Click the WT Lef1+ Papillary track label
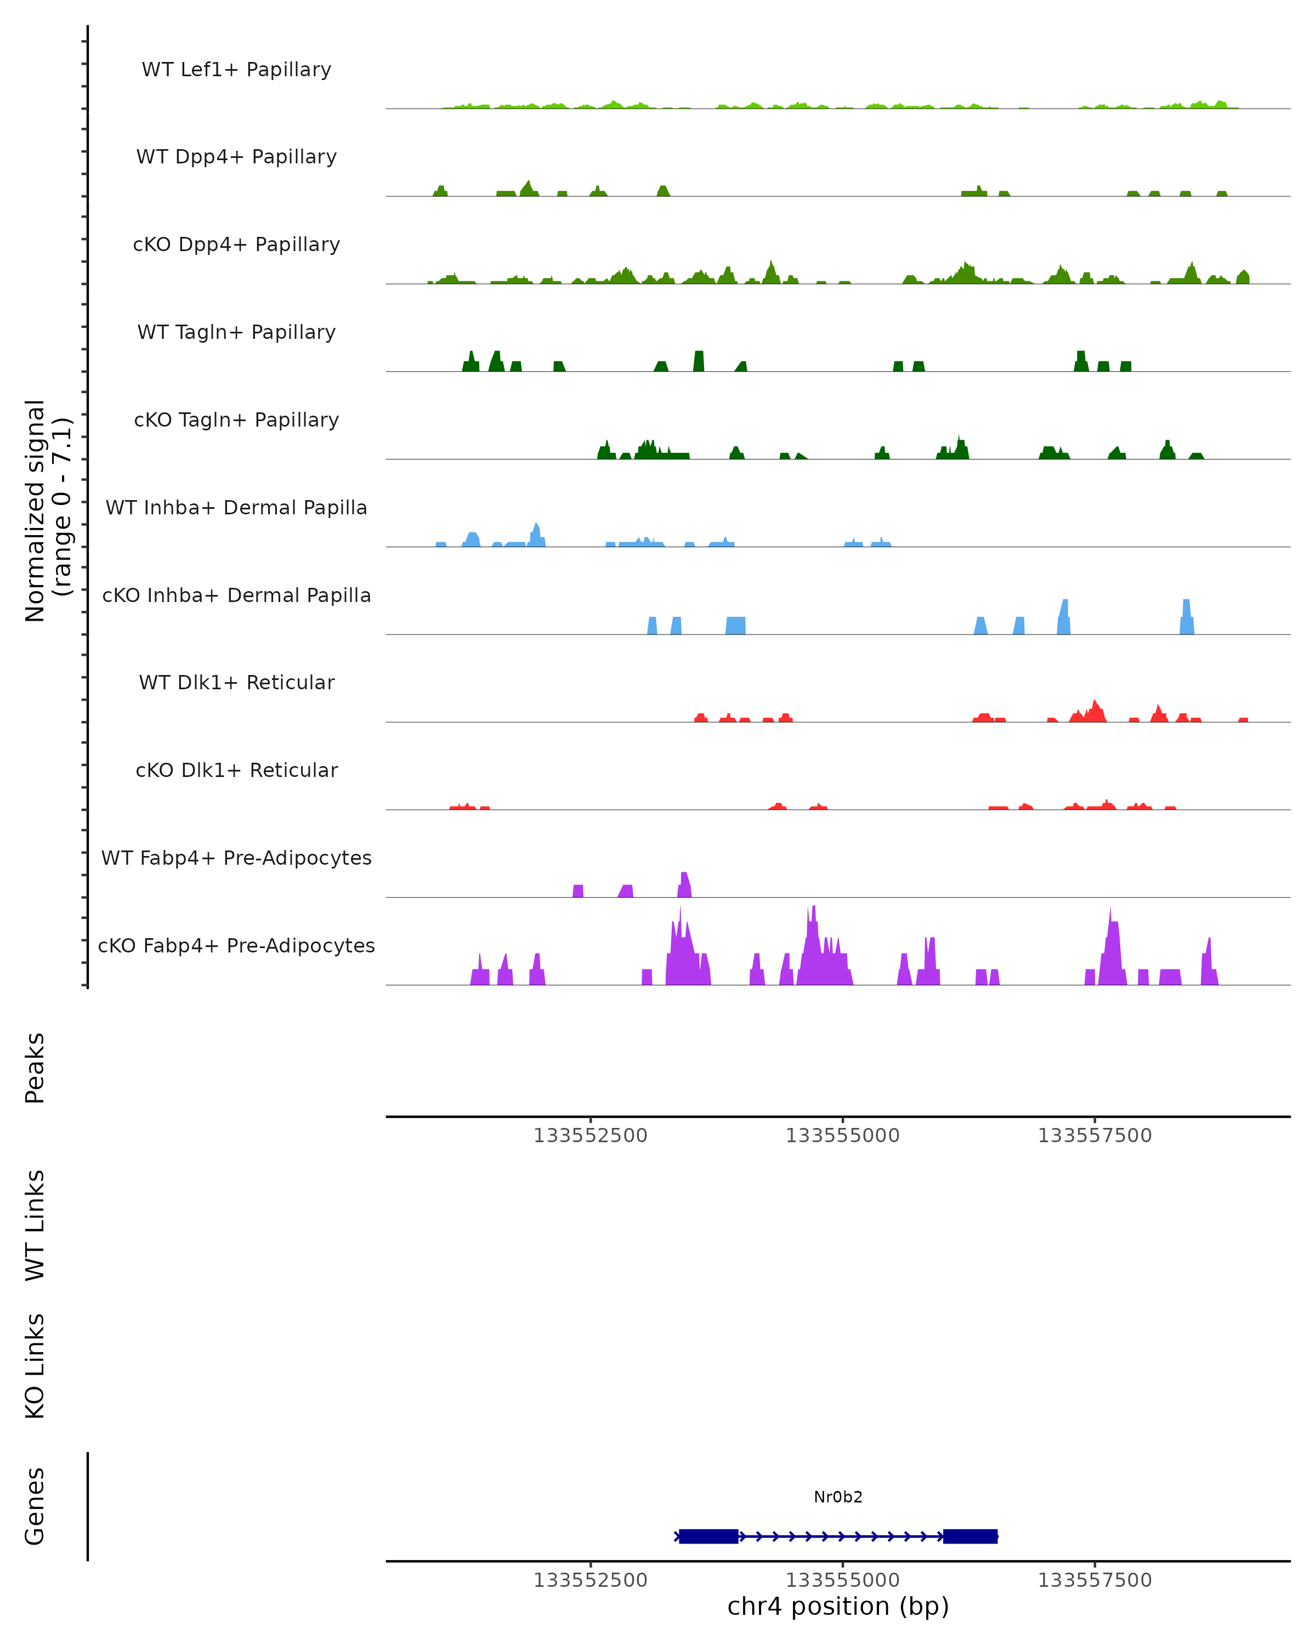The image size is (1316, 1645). (236, 70)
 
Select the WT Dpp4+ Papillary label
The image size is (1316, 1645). (236, 157)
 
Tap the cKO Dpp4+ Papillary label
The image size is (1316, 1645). (236, 245)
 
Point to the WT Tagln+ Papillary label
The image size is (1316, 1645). (236, 333)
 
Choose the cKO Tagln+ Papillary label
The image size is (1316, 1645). (236, 421)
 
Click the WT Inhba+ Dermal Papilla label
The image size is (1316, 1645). (236, 508)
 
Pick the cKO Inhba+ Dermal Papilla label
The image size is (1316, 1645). (236, 596)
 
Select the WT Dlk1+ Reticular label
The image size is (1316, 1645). (236, 683)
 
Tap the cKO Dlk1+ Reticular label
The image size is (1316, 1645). (236, 770)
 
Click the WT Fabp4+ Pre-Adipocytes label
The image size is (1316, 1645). (236, 858)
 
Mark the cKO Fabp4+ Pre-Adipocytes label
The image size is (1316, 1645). (236, 946)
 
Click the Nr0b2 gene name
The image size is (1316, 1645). (838, 1497)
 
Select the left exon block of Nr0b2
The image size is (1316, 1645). (708, 1536)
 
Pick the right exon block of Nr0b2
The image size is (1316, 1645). (969, 1536)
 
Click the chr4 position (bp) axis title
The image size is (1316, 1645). (838, 1607)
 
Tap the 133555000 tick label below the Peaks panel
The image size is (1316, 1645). (842, 1136)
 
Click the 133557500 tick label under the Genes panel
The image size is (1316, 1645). (1094, 1580)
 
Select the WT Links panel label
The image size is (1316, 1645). (35, 1226)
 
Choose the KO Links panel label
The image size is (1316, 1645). (35, 1366)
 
